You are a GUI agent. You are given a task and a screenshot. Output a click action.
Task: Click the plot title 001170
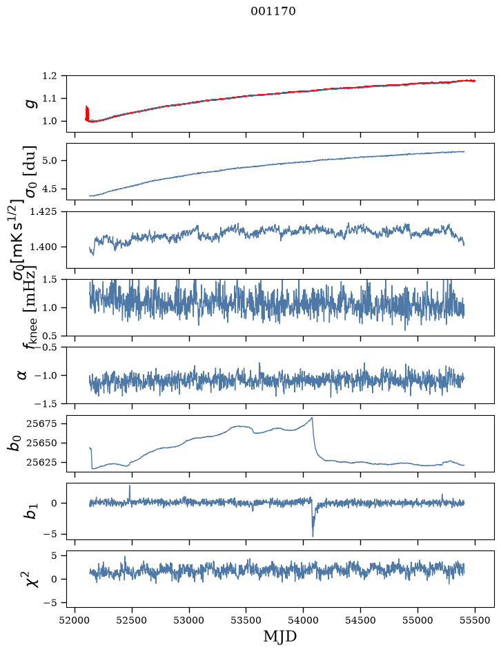(x=273, y=11)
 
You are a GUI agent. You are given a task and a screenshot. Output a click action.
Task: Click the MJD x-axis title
(x=280, y=636)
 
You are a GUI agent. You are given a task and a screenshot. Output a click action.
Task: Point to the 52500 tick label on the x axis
(x=132, y=620)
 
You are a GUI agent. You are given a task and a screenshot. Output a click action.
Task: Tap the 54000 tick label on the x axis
(x=303, y=620)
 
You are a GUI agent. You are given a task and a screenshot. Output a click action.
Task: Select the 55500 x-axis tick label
(x=475, y=620)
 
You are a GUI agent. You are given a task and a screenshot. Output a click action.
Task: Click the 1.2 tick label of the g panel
(x=49, y=76)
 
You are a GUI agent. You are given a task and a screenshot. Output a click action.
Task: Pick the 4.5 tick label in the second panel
(x=49, y=189)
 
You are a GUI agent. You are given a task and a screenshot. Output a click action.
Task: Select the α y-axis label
(x=22, y=375)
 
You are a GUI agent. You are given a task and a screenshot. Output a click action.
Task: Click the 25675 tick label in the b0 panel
(x=41, y=423)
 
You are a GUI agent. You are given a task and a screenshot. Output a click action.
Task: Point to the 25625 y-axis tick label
(x=41, y=462)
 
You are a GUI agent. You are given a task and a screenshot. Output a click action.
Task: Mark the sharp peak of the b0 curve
(x=312, y=417)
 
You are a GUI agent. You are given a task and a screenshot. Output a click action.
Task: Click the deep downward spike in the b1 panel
(x=313, y=536)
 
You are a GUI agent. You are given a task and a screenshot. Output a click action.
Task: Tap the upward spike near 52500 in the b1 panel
(x=130, y=486)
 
